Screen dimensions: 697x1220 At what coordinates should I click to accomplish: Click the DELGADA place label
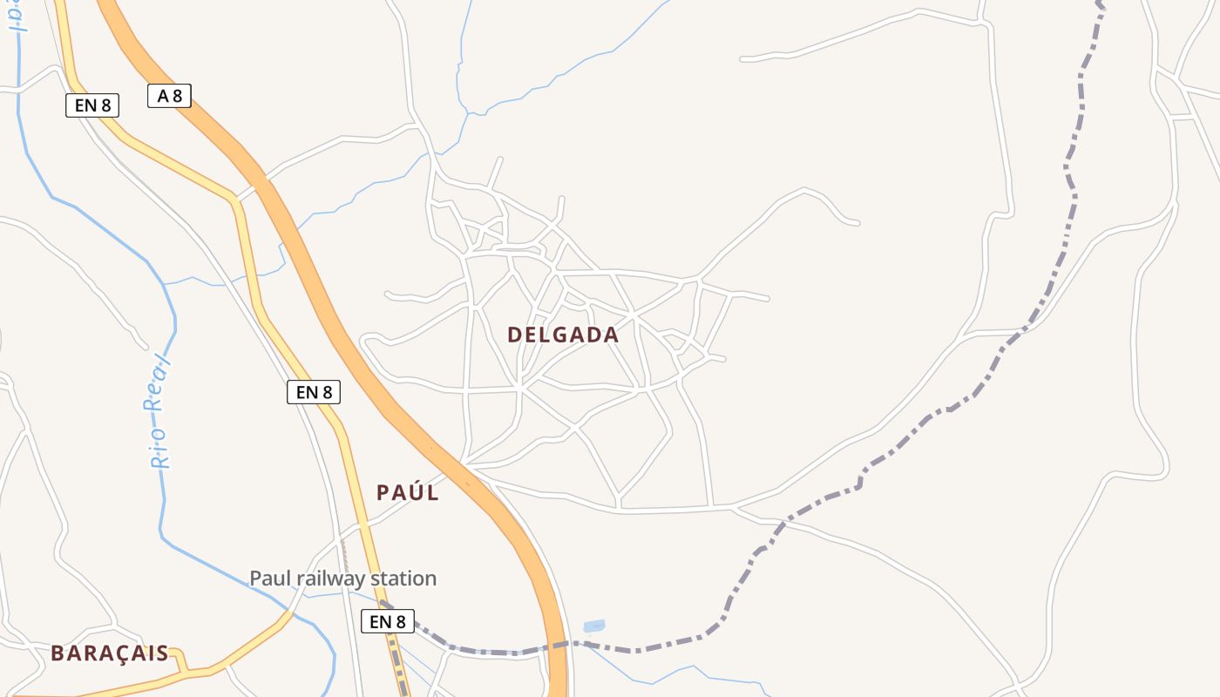pos(563,335)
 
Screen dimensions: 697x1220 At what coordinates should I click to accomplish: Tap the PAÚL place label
pos(407,492)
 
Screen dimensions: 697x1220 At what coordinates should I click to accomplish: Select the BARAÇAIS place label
pos(109,653)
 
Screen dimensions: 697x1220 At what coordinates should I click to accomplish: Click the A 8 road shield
pos(169,96)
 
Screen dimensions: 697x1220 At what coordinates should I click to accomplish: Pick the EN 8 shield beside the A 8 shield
pos(91,105)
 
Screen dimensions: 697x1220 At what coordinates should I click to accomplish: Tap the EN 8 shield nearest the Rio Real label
pos(313,392)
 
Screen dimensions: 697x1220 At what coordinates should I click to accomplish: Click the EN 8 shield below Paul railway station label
pos(387,621)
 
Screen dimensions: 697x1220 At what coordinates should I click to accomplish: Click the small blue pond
pos(593,626)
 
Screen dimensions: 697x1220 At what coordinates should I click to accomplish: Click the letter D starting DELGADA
pos(514,335)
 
